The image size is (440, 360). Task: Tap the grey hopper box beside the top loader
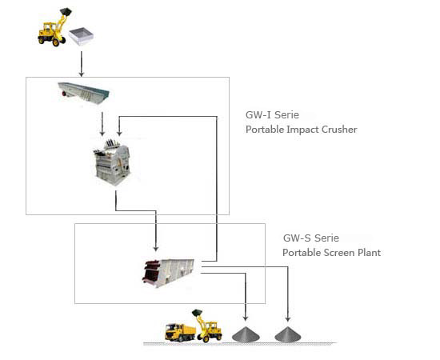tap(81, 36)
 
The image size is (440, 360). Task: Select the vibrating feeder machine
tap(83, 93)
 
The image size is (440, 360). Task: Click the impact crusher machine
tap(112, 162)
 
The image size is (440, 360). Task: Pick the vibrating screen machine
tap(168, 273)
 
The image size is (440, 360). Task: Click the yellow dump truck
tap(181, 332)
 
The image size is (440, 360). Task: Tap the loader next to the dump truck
tap(207, 326)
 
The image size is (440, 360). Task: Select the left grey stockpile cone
tap(246, 334)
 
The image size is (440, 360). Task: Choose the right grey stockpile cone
tap(288, 334)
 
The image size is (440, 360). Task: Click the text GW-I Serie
tap(272, 114)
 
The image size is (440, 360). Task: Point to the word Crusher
tap(339, 130)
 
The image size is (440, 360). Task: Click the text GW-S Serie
tap(311, 238)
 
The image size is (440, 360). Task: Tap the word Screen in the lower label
tap(339, 253)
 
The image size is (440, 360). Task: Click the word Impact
tap(302, 130)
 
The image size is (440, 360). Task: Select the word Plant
tap(369, 253)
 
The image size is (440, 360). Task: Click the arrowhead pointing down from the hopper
tap(82, 74)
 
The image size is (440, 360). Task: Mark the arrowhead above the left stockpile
tap(246, 318)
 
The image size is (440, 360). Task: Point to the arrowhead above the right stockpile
tap(288, 318)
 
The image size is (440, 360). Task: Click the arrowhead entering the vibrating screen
tap(156, 248)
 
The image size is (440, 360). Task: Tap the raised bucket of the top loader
tap(66, 12)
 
